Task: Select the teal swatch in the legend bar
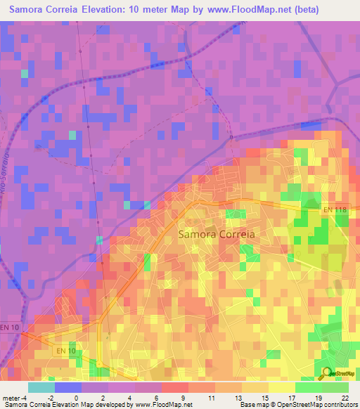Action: click(x=41, y=387)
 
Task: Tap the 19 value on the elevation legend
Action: click(x=318, y=398)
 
